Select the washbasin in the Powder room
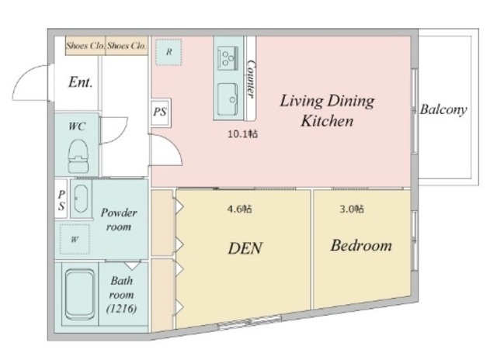click(81, 199)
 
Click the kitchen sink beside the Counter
click(228, 99)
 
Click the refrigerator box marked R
click(169, 52)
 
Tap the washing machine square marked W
click(75, 239)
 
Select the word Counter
click(251, 79)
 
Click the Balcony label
click(443, 109)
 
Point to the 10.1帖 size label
click(243, 134)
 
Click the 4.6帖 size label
click(240, 209)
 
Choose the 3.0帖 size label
click(352, 209)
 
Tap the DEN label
click(245, 248)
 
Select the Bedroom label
click(361, 246)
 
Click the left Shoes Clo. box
click(85, 46)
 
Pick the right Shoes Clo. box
click(127, 46)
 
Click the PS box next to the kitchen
click(161, 112)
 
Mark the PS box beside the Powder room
click(61, 199)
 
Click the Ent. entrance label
click(81, 82)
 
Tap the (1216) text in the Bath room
click(122, 308)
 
